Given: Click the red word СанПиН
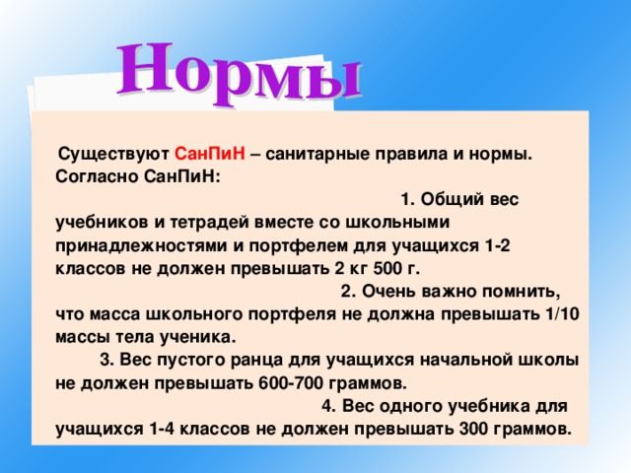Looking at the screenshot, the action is pyautogui.click(x=210, y=154).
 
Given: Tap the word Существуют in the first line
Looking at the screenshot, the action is pyautogui.click(x=114, y=155).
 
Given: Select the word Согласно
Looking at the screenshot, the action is pyautogui.click(x=97, y=177).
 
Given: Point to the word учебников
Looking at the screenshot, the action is pyautogui.click(x=103, y=223).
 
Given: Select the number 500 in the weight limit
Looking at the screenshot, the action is pyautogui.click(x=387, y=269).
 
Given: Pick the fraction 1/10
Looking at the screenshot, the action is pyautogui.click(x=562, y=314).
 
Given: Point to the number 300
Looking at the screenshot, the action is pyautogui.click(x=473, y=430).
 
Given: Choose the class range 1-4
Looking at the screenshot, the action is pyautogui.click(x=161, y=430).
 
